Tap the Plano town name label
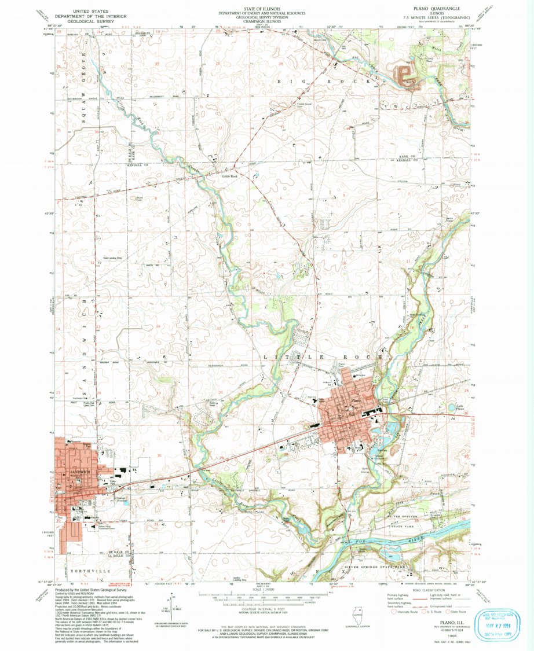[x=356, y=400]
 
